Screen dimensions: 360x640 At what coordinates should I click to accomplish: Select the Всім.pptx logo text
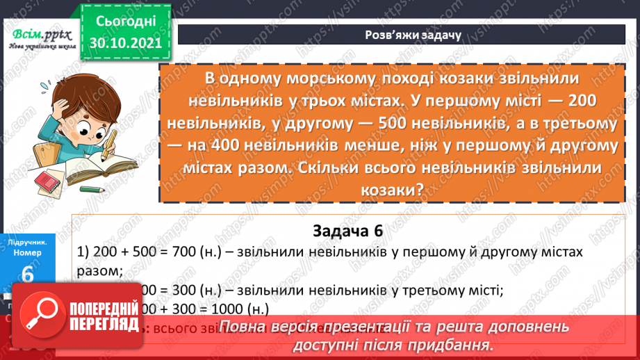(36, 35)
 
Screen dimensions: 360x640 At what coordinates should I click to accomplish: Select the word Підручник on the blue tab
(28, 243)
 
